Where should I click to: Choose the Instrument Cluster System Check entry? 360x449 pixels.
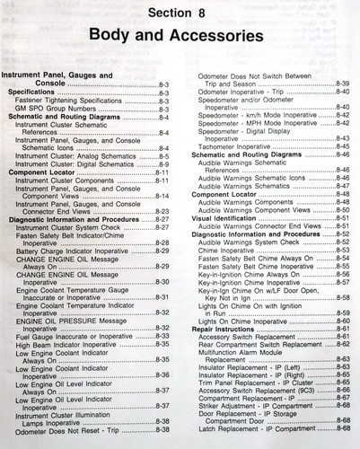pos(71,227)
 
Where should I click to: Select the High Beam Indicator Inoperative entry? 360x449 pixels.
pos(72,346)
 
